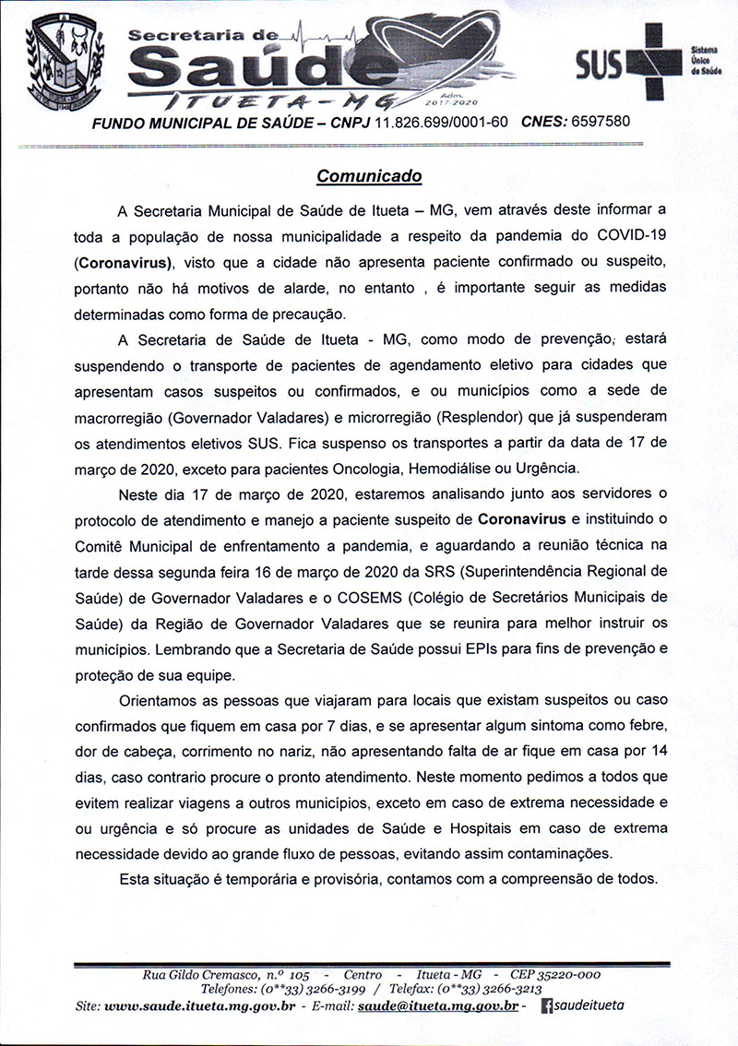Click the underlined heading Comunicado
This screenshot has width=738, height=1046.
(x=369, y=174)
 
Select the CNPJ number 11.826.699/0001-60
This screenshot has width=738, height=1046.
(x=441, y=121)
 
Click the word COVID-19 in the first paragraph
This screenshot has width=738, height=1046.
(x=622, y=236)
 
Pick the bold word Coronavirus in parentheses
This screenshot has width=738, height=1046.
(x=128, y=260)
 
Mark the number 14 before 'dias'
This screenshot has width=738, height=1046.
(x=656, y=741)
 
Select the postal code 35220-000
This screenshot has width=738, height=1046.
(x=563, y=974)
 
